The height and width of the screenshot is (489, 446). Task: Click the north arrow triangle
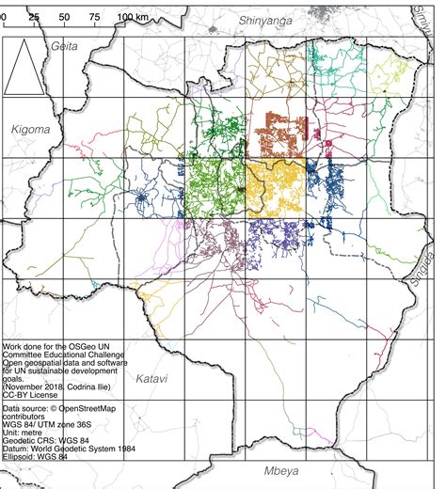coord(30,67)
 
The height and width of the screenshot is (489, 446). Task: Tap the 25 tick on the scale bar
coord(34,18)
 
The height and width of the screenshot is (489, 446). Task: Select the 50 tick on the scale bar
coord(64,18)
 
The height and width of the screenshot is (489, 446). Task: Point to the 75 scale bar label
coord(95,18)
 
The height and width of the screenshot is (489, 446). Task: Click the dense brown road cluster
coord(281,136)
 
